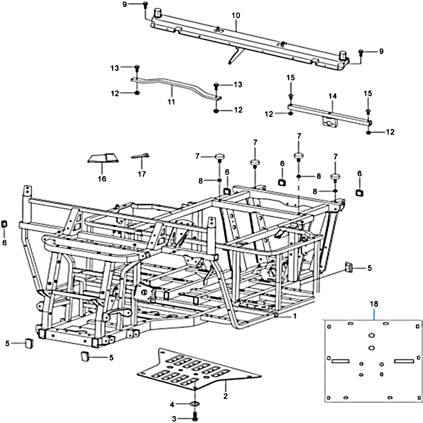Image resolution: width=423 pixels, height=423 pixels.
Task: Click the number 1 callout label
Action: [295, 316]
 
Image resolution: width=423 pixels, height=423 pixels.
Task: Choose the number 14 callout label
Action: [332, 96]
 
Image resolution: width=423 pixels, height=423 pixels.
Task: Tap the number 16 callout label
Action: [102, 179]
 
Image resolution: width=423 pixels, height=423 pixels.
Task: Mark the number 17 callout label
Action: [141, 174]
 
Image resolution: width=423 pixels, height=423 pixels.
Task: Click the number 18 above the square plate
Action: [374, 305]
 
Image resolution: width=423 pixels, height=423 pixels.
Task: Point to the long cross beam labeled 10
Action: [249, 40]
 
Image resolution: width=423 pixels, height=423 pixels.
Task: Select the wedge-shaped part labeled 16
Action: [102, 158]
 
